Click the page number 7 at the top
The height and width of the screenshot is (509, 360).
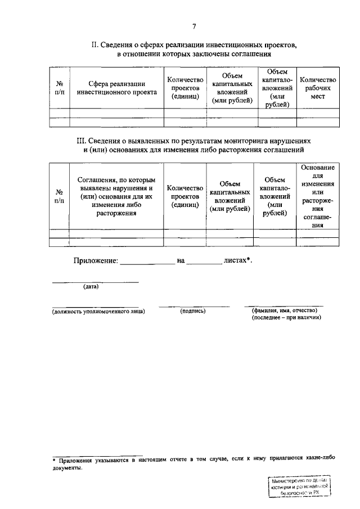[x=194, y=27]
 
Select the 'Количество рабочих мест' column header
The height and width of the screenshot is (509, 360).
[x=318, y=88]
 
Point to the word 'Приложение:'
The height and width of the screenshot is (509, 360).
[x=96, y=260]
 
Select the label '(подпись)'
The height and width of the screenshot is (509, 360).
[x=193, y=310]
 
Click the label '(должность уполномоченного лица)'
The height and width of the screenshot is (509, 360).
[x=98, y=310]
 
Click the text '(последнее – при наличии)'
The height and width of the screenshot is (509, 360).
[x=286, y=317]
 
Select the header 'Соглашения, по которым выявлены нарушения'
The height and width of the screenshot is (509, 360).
[x=116, y=197]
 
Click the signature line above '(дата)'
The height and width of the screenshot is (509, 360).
[x=95, y=281]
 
